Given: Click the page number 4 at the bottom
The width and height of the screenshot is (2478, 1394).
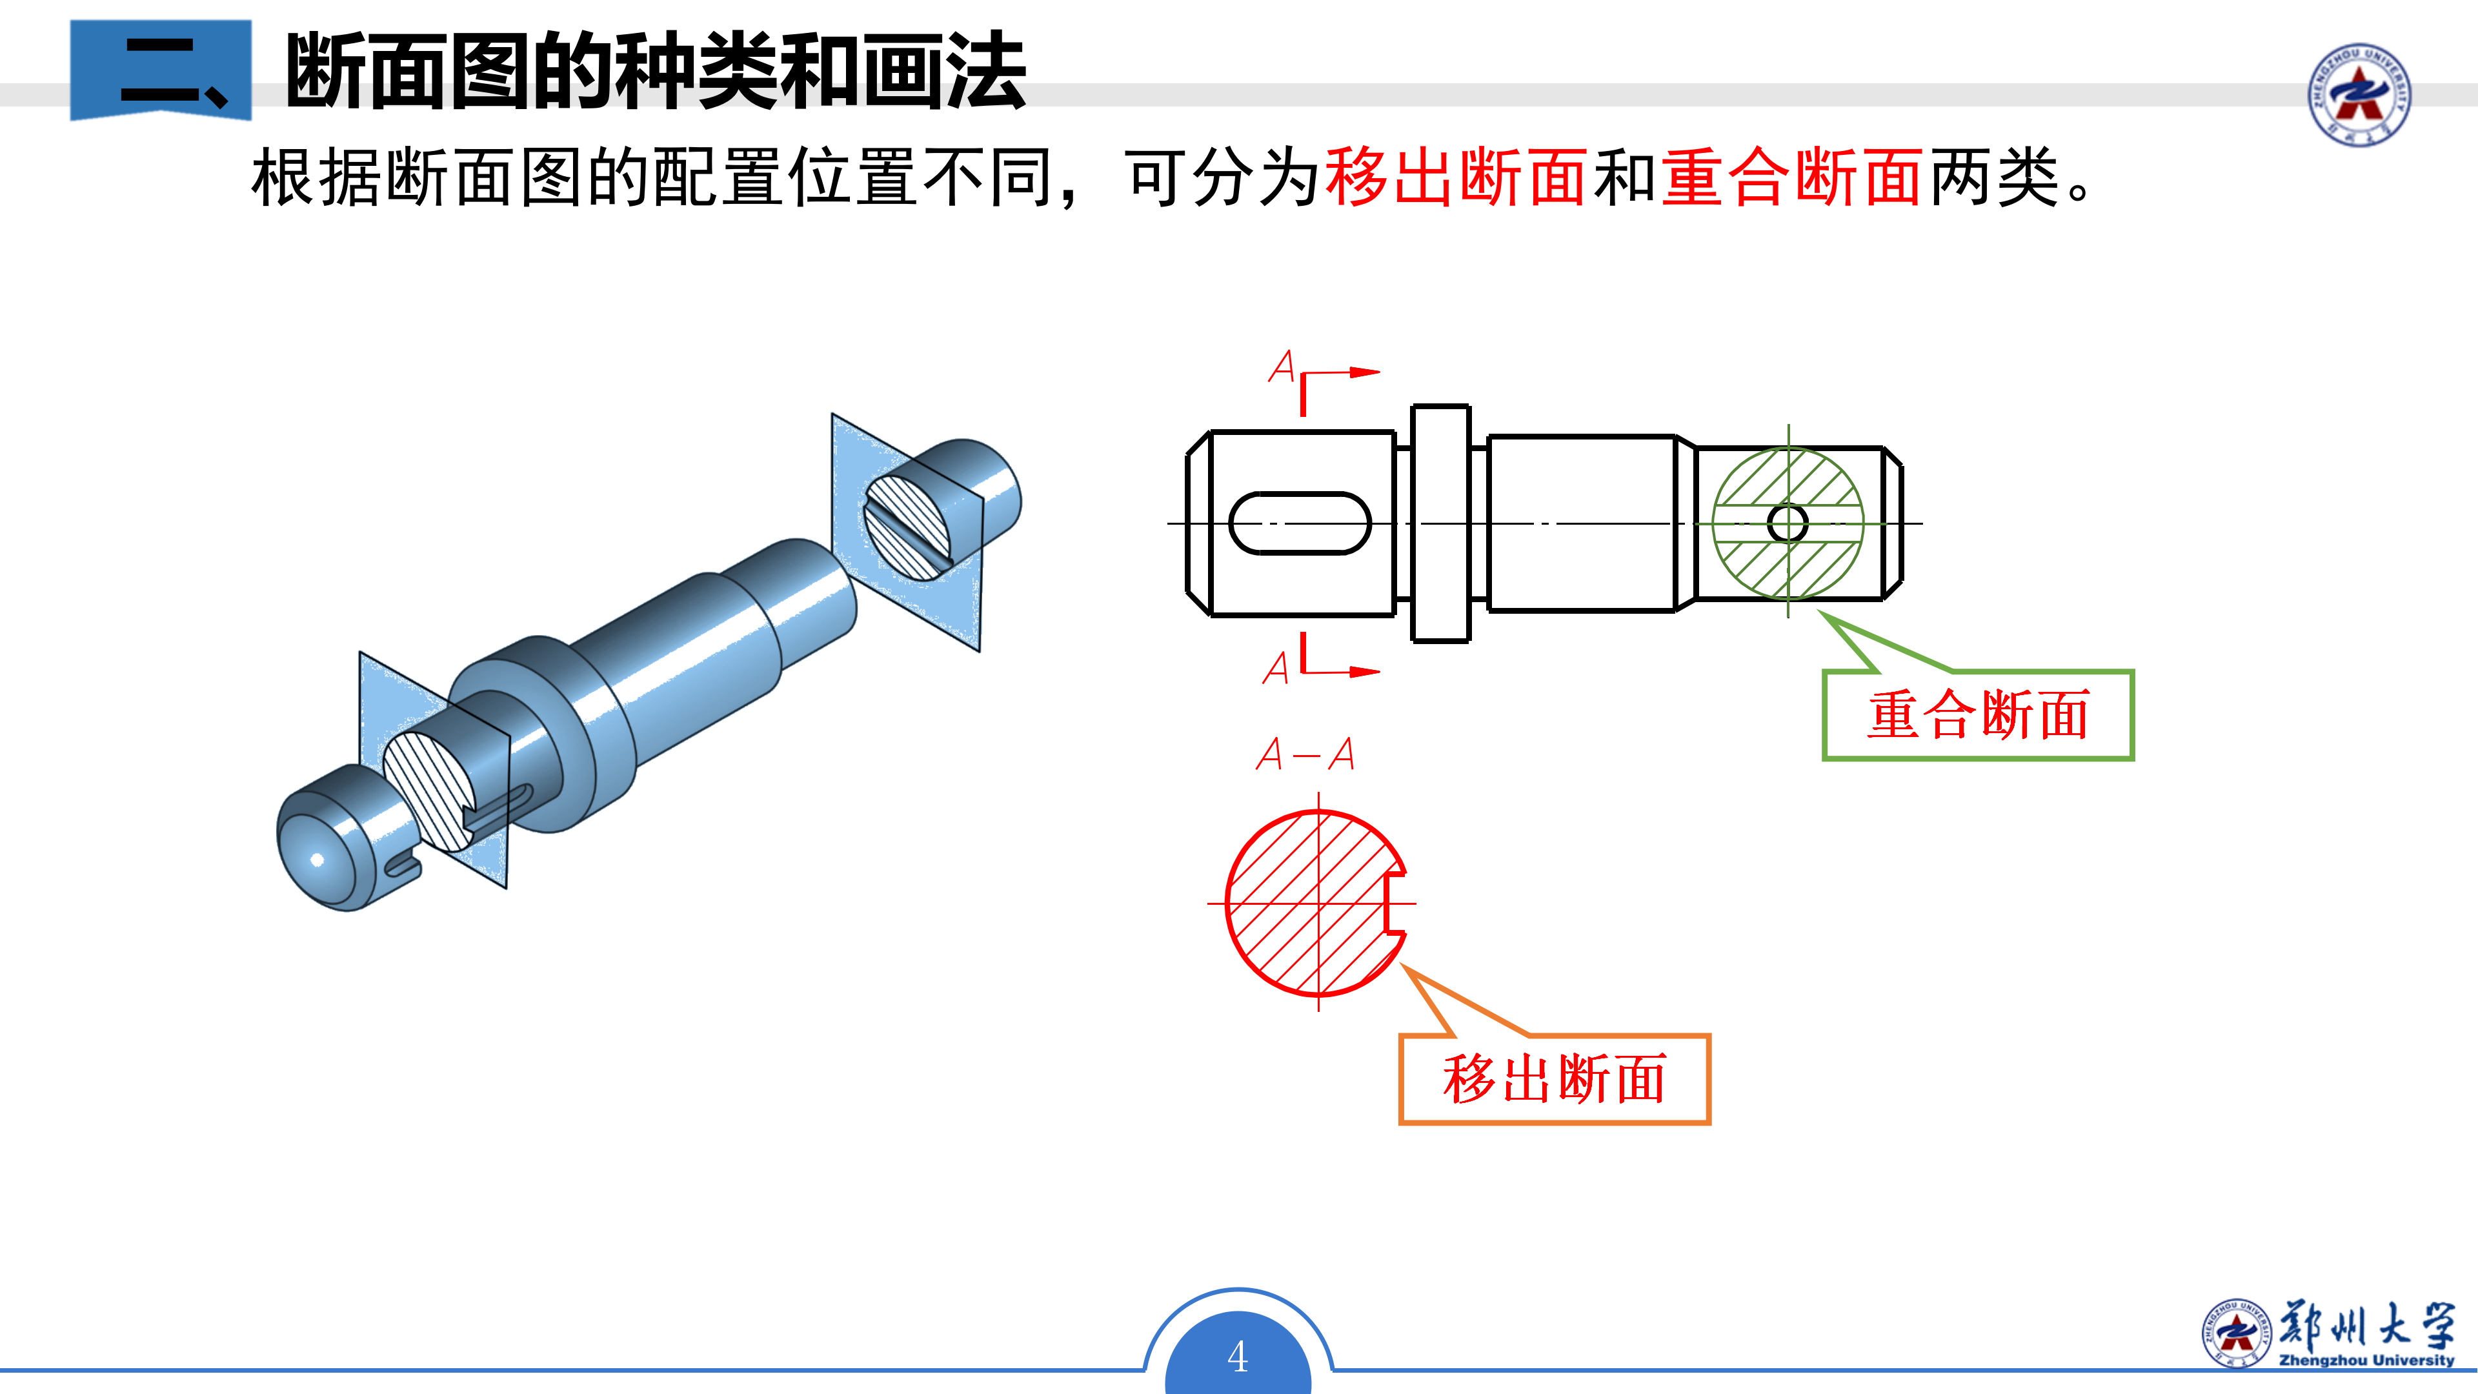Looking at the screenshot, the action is (1238, 1357).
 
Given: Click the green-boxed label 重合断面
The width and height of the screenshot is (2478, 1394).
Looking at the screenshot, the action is (1978, 715).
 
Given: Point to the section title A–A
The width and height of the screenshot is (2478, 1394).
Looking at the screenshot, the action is (1305, 753).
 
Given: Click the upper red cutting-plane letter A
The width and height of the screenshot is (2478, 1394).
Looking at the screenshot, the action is (1282, 367).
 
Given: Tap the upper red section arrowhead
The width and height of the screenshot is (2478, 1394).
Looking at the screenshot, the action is (1365, 372).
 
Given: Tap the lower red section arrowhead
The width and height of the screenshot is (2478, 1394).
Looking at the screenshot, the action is (1365, 671).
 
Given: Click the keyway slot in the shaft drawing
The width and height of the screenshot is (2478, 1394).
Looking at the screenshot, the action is (1300, 523).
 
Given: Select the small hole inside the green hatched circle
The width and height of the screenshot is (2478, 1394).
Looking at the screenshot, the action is (1788, 523).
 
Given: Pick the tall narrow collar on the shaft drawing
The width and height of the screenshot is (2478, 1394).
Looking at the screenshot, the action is (1440, 523).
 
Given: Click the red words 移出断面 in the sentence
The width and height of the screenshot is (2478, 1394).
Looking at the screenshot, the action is (1455, 178).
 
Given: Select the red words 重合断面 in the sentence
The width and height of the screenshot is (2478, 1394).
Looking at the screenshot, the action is (1792, 178).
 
